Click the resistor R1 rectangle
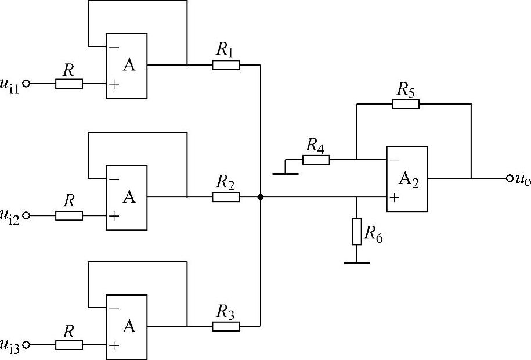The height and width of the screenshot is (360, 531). [226, 65]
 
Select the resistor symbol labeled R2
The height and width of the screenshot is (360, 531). [226, 197]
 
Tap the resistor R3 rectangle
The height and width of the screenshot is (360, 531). [226, 326]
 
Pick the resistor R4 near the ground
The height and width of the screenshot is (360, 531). [316, 160]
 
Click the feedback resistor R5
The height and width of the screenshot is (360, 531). [406, 104]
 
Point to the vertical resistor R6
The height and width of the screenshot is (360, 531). [356, 232]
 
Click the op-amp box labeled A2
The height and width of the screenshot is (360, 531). [407, 179]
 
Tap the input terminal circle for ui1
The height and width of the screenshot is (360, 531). [26, 84]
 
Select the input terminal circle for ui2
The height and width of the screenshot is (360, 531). [26, 216]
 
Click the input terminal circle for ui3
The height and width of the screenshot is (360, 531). [26, 345]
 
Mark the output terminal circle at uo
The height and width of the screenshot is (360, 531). [510, 178]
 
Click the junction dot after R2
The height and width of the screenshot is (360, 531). [261, 197]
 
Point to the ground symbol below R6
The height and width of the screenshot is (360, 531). [356, 262]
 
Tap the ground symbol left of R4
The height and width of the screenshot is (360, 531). [286, 172]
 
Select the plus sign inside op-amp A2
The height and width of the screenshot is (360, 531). [395, 197]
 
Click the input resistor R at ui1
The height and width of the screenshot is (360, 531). [69, 84]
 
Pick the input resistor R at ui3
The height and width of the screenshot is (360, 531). [69, 345]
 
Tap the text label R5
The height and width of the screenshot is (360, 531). [406, 89]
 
